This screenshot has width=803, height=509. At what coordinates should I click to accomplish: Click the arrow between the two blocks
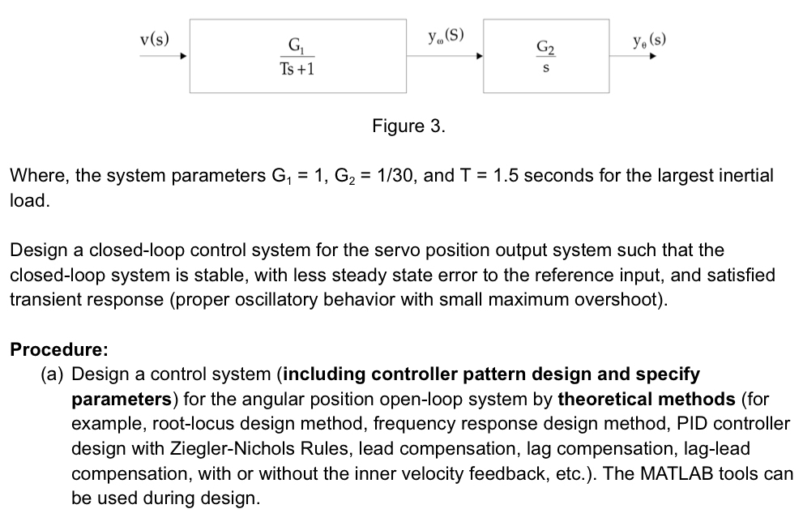pos(445,57)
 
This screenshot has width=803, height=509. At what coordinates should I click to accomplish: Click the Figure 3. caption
pos(408,126)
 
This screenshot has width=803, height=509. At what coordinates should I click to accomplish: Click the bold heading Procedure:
pos(58,350)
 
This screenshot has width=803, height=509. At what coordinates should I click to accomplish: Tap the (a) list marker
pos(53,374)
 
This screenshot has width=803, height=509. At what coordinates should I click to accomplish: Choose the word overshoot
pos(628,299)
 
